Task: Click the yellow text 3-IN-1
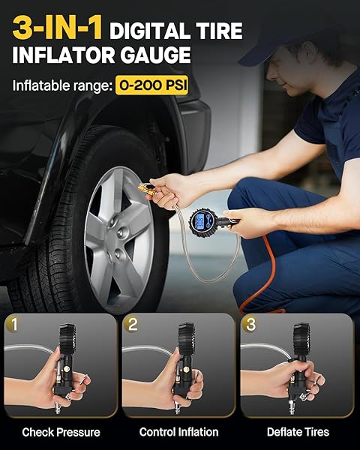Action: click(x=58, y=28)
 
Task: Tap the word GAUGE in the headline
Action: click(x=155, y=55)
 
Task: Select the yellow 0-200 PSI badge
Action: click(x=151, y=85)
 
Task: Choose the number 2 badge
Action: click(x=131, y=324)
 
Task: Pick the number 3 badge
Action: click(x=250, y=324)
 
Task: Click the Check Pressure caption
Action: click(x=61, y=432)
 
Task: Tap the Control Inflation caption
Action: click(x=178, y=432)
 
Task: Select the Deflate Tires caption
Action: click(x=298, y=432)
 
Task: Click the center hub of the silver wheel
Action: click(x=123, y=232)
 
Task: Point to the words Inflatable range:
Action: click(x=62, y=85)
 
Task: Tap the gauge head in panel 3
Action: click(x=301, y=339)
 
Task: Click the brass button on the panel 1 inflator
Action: click(x=67, y=369)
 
